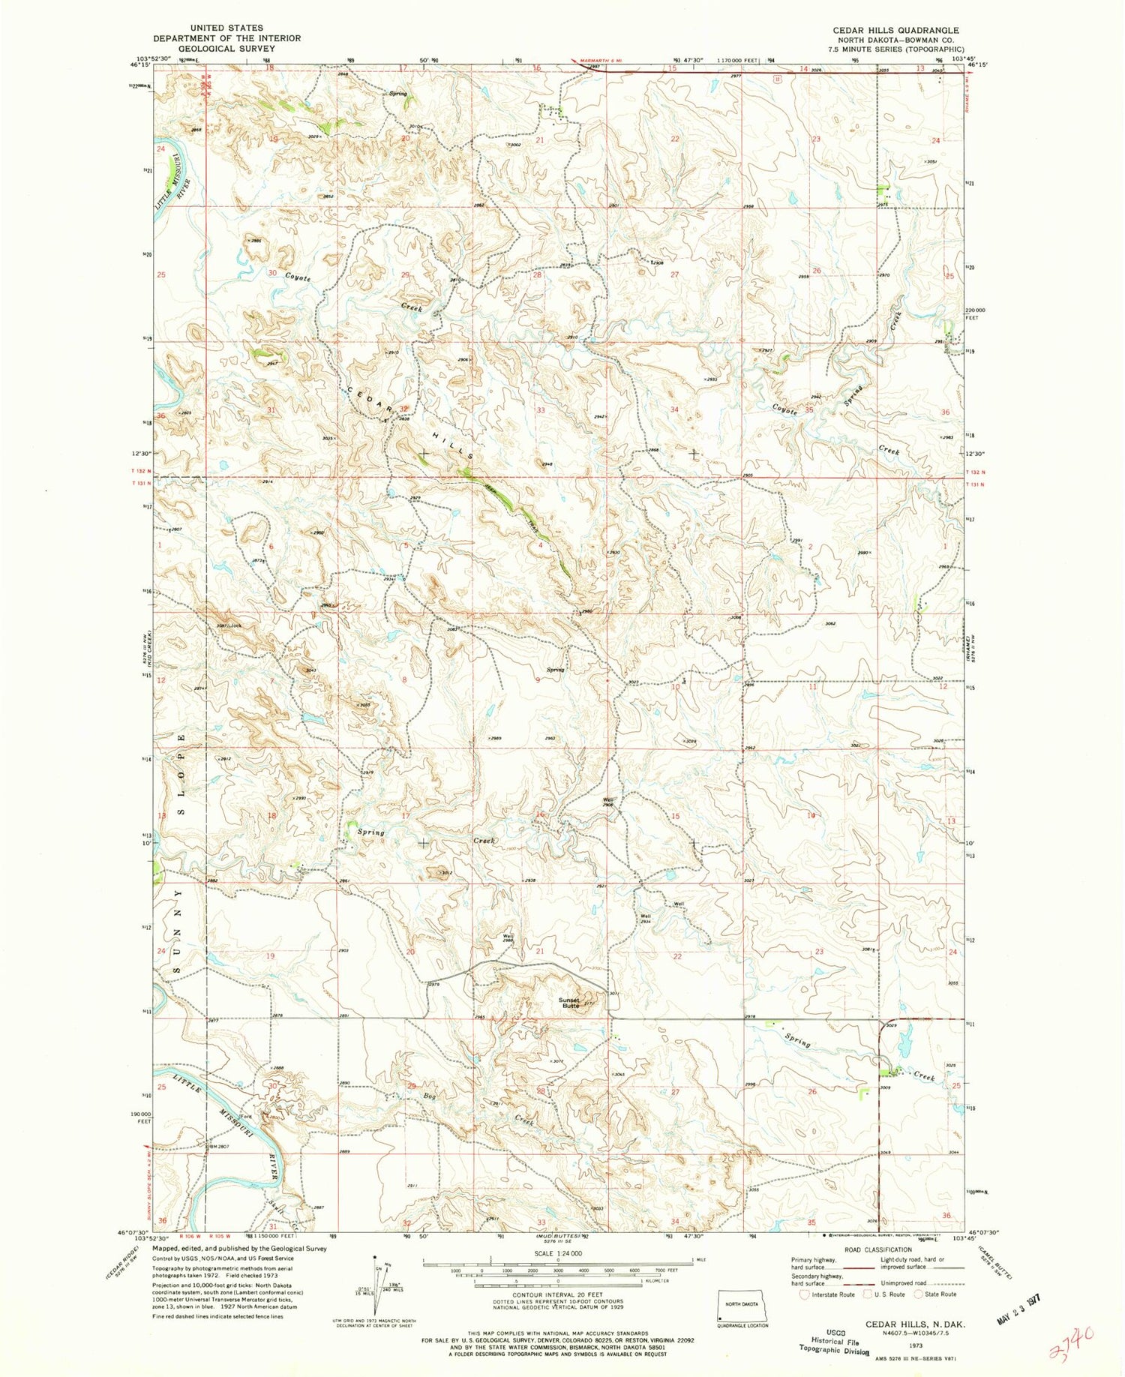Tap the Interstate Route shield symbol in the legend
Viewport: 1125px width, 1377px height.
(x=804, y=1294)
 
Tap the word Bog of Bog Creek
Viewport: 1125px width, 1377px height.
(x=430, y=1096)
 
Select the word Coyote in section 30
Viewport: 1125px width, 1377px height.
(x=298, y=276)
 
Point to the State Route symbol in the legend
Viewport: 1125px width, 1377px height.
(x=914, y=1294)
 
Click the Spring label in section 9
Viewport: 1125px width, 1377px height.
(x=555, y=670)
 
